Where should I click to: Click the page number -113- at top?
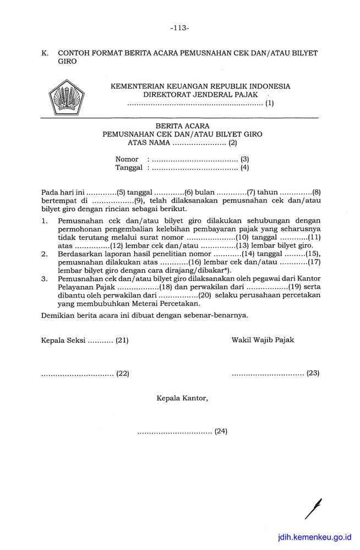[x=179, y=28]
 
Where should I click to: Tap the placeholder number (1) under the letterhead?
[x=269, y=103]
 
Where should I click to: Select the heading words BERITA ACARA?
[x=182, y=126]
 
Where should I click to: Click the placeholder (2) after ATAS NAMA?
[x=233, y=143]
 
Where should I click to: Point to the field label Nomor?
[x=127, y=159]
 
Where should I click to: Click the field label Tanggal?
[x=129, y=168]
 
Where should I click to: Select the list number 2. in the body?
[x=45, y=255]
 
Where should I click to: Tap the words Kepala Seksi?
[x=63, y=340]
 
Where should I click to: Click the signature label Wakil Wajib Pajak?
[x=263, y=340]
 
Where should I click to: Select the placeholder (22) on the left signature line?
[x=122, y=373]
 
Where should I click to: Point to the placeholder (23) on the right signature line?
[x=313, y=373]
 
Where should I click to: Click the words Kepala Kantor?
[x=182, y=398]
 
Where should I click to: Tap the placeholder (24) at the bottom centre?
[x=221, y=431]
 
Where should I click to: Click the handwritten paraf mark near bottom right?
[x=314, y=508]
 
